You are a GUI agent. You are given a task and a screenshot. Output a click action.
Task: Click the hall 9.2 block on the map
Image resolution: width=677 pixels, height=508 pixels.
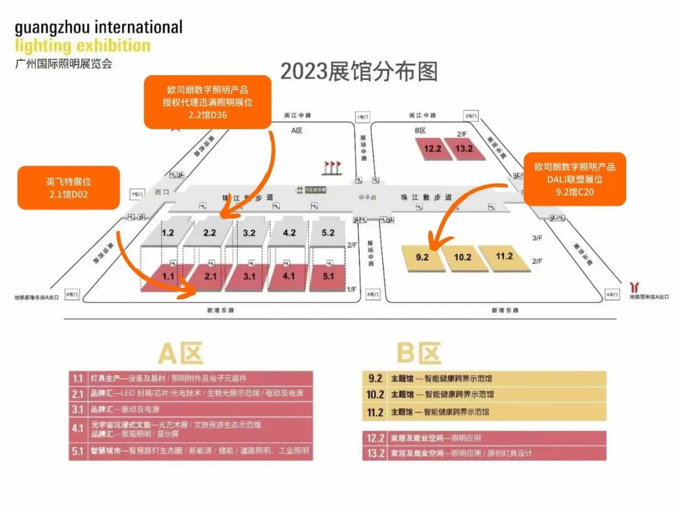pyautogui.click(x=422, y=257)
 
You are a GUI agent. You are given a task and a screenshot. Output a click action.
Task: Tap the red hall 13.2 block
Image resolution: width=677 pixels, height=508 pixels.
pyautogui.click(x=464, y=149)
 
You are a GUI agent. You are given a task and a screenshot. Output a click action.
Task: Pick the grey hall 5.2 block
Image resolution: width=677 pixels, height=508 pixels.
pyautogui.click(x=328, y=233)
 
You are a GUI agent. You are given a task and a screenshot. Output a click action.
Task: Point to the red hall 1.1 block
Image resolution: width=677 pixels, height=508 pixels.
pyautogui.click(x=168, y=276)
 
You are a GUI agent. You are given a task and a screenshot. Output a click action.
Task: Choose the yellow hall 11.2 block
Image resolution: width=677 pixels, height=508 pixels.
pyautogui.click(x=504, y=256)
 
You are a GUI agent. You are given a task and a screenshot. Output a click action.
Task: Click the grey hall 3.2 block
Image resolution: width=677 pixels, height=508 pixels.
pyautogui.click(x=249, y=233)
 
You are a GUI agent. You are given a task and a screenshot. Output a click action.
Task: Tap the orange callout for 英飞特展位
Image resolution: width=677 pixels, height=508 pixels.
pyautogui.click(x=69, y=188)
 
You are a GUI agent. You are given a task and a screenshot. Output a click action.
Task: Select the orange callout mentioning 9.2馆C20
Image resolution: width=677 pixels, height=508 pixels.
pyautogui.click(x=575, y=179)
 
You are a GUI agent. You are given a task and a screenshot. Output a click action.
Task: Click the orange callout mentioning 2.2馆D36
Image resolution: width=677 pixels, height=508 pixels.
pyautogui.click(x=207, y=102)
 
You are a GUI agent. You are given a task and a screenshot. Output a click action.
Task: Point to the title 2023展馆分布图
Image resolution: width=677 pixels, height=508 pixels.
pyautogui.click(x=358, y=71)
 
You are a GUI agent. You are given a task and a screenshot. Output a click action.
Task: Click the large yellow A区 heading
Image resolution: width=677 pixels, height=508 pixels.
pyautogui.click(x=180, y=354)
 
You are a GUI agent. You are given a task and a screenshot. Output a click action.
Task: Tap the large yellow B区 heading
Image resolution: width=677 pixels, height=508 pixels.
pyautogui.click(x=418, y=354)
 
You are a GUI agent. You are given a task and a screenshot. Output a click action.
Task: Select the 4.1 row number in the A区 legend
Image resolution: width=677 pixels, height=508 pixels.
pyautogui.click(x=78, y=429)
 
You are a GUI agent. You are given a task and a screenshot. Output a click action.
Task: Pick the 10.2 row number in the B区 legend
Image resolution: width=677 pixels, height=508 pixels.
pyautogui.click(x=375, y=394)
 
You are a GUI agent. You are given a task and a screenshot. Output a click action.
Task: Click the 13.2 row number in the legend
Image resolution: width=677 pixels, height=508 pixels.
pyautogui.click(x=375, y=453)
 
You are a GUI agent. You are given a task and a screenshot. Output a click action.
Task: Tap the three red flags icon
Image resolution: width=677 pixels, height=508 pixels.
pyautogui.click(x=332, y=167)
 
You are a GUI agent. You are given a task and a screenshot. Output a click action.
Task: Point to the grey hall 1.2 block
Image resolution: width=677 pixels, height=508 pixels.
pyautogui.click(x=168, y=233)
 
